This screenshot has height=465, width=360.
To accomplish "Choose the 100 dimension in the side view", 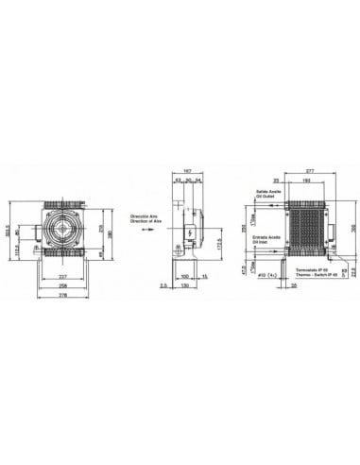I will pyautogui.click(x=184, y=277).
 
